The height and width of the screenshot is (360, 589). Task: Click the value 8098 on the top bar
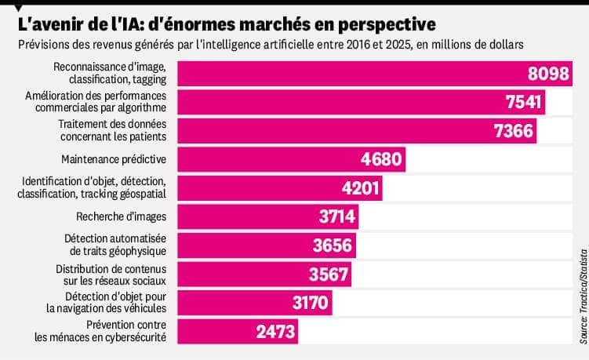(x=547, y=74)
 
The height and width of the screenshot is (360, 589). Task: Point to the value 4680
(x=381, y=160)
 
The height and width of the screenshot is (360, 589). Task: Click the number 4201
(x=359, y=188)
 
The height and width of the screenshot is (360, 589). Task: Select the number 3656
(x=333, y=245)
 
